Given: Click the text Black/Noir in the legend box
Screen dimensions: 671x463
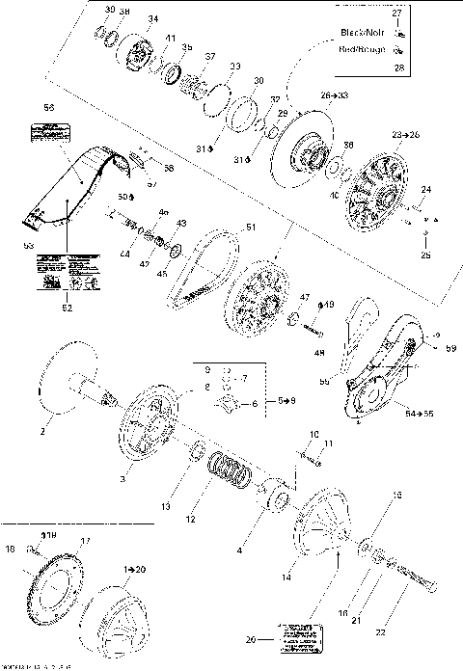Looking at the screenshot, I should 364,32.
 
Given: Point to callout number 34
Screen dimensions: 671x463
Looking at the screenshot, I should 153,20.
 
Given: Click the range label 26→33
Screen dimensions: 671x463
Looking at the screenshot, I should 334,96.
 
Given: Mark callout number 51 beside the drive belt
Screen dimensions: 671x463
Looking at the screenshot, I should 250,228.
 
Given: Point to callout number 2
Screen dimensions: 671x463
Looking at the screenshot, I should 41,433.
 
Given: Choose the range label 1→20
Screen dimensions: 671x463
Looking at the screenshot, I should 133,571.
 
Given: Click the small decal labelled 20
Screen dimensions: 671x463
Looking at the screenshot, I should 297,632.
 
